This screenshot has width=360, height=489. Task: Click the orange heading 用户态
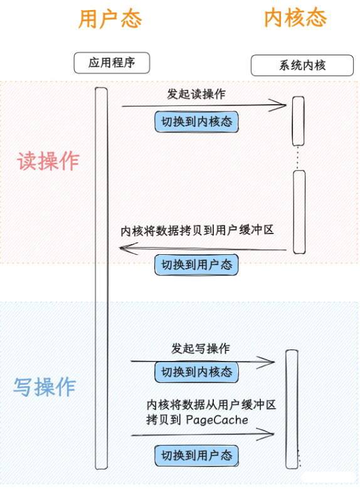pyautogui.click(x=110, y=19)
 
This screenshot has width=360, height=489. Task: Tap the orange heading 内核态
pyautogui.click(x=295, y=18)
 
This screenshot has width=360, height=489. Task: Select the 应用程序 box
pyautogui.click(x=112, y=62)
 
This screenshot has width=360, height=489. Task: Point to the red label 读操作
pyautogui.click(x=48, y=161)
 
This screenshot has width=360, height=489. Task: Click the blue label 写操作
pyautogui.click(x=45, y=387)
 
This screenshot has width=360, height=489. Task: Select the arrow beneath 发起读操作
pyautogui.click(x=201, y=105)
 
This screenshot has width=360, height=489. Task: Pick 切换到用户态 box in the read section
pyautogui.click(x=196, y=265)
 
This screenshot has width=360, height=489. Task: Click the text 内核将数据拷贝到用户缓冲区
pyautogui.click(x=198, y=230)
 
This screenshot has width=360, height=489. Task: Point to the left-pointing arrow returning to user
pyautogui.click(x=201, y=250)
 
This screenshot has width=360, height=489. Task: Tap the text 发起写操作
pyautogui.click(x=200, y=348)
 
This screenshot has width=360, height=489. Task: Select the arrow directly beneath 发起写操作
pyautogui.click(x=202, y=361)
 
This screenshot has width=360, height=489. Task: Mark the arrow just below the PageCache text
pyautogui.click(x=202, y=434)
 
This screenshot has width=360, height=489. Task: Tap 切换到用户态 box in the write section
pyautogui.click(x=196, y=455)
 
